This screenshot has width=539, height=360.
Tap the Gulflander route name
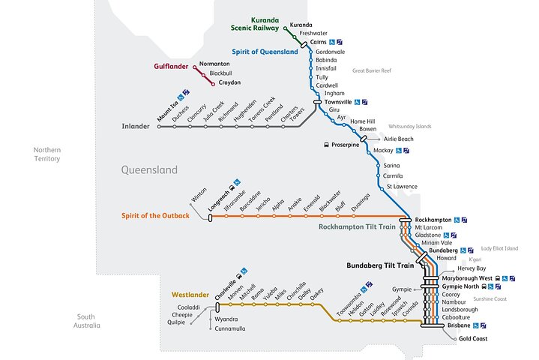point(171,67)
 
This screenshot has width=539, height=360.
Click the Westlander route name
point(190,295)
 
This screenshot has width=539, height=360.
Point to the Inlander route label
point(136,126)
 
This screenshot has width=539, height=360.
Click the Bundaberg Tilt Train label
point(380,265)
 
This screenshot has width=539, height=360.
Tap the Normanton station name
point(215,64)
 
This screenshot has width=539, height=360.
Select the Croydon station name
point(224,82)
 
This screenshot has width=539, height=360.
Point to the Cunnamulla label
point(230,328)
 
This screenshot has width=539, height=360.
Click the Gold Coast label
point(475,339)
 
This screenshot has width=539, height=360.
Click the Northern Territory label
point(46,154)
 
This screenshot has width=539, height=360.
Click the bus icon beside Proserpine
point(326,144)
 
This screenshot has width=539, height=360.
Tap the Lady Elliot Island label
point(499,248)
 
